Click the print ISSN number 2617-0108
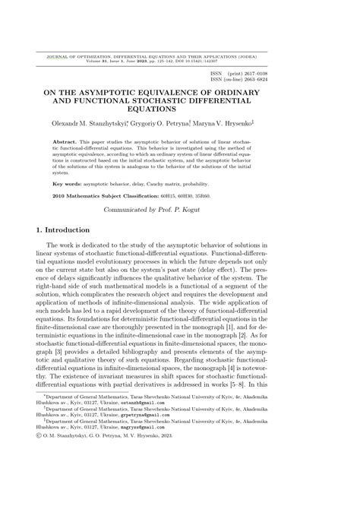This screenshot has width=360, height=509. [x=251, y=74]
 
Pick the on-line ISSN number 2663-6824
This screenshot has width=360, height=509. [x=251, y=80]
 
